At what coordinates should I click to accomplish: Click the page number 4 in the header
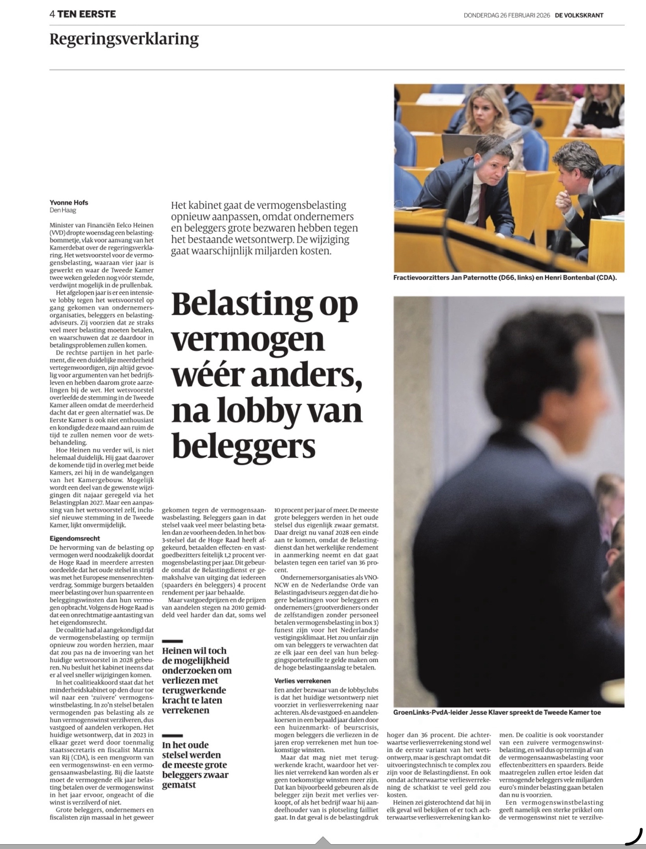tap(52, 14)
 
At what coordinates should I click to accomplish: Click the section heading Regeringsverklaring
tap(124, 39)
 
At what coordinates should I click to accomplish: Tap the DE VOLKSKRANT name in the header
tap(579, 15)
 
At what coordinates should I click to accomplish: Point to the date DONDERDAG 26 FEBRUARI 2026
tap(507, 15)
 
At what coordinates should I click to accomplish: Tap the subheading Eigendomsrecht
tap(75, 538)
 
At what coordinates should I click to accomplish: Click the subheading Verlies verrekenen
tap(302, 681)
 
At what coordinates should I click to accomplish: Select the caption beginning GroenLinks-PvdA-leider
tap(497, 712)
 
